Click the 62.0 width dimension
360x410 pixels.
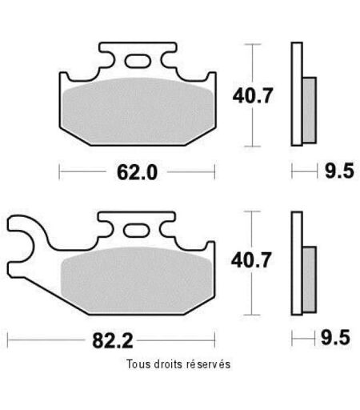click(x=137, y=172)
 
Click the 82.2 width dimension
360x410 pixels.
click(x=113, y=340)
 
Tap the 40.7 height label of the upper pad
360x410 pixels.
click(x=253, y=95)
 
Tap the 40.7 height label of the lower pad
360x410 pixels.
click(x=251, y=260)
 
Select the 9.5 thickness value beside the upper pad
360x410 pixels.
click(x=339, y=171)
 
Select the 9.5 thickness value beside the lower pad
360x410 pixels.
click(x=335, y=337)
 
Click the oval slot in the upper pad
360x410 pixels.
click(x=138, y=61)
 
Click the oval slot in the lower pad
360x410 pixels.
click(x=136, y=230)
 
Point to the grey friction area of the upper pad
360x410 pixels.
click(x=138, y=111)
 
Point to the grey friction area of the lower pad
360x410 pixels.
click(x=137, y=280)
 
